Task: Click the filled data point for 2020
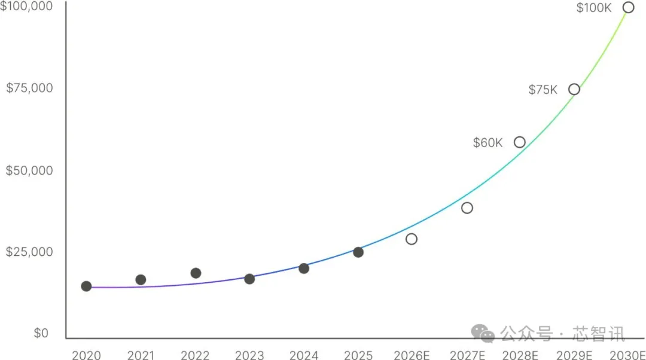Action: point(86,286)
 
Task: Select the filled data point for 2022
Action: point(196,273)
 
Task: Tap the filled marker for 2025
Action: point(358,252)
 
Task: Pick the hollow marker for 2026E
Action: point(412,239)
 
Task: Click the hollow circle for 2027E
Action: point(467,208)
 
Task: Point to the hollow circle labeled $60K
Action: point(520,142)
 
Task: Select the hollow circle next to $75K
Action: point(574,90)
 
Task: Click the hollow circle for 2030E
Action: point(628,8)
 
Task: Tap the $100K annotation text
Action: point(594,8)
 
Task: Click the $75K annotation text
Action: point(543,90)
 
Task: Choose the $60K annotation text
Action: point(488,143)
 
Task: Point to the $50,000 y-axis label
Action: point(29,170)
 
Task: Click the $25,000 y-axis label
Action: point(29,252)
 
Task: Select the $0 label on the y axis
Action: point(41,333)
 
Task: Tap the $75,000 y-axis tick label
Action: point(29,88)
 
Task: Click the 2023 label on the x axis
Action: point(249,355)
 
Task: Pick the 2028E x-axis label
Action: point(520,355)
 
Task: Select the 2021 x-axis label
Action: point(141,355)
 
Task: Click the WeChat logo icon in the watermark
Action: point(483,333)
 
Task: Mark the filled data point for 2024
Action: point(304,269)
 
